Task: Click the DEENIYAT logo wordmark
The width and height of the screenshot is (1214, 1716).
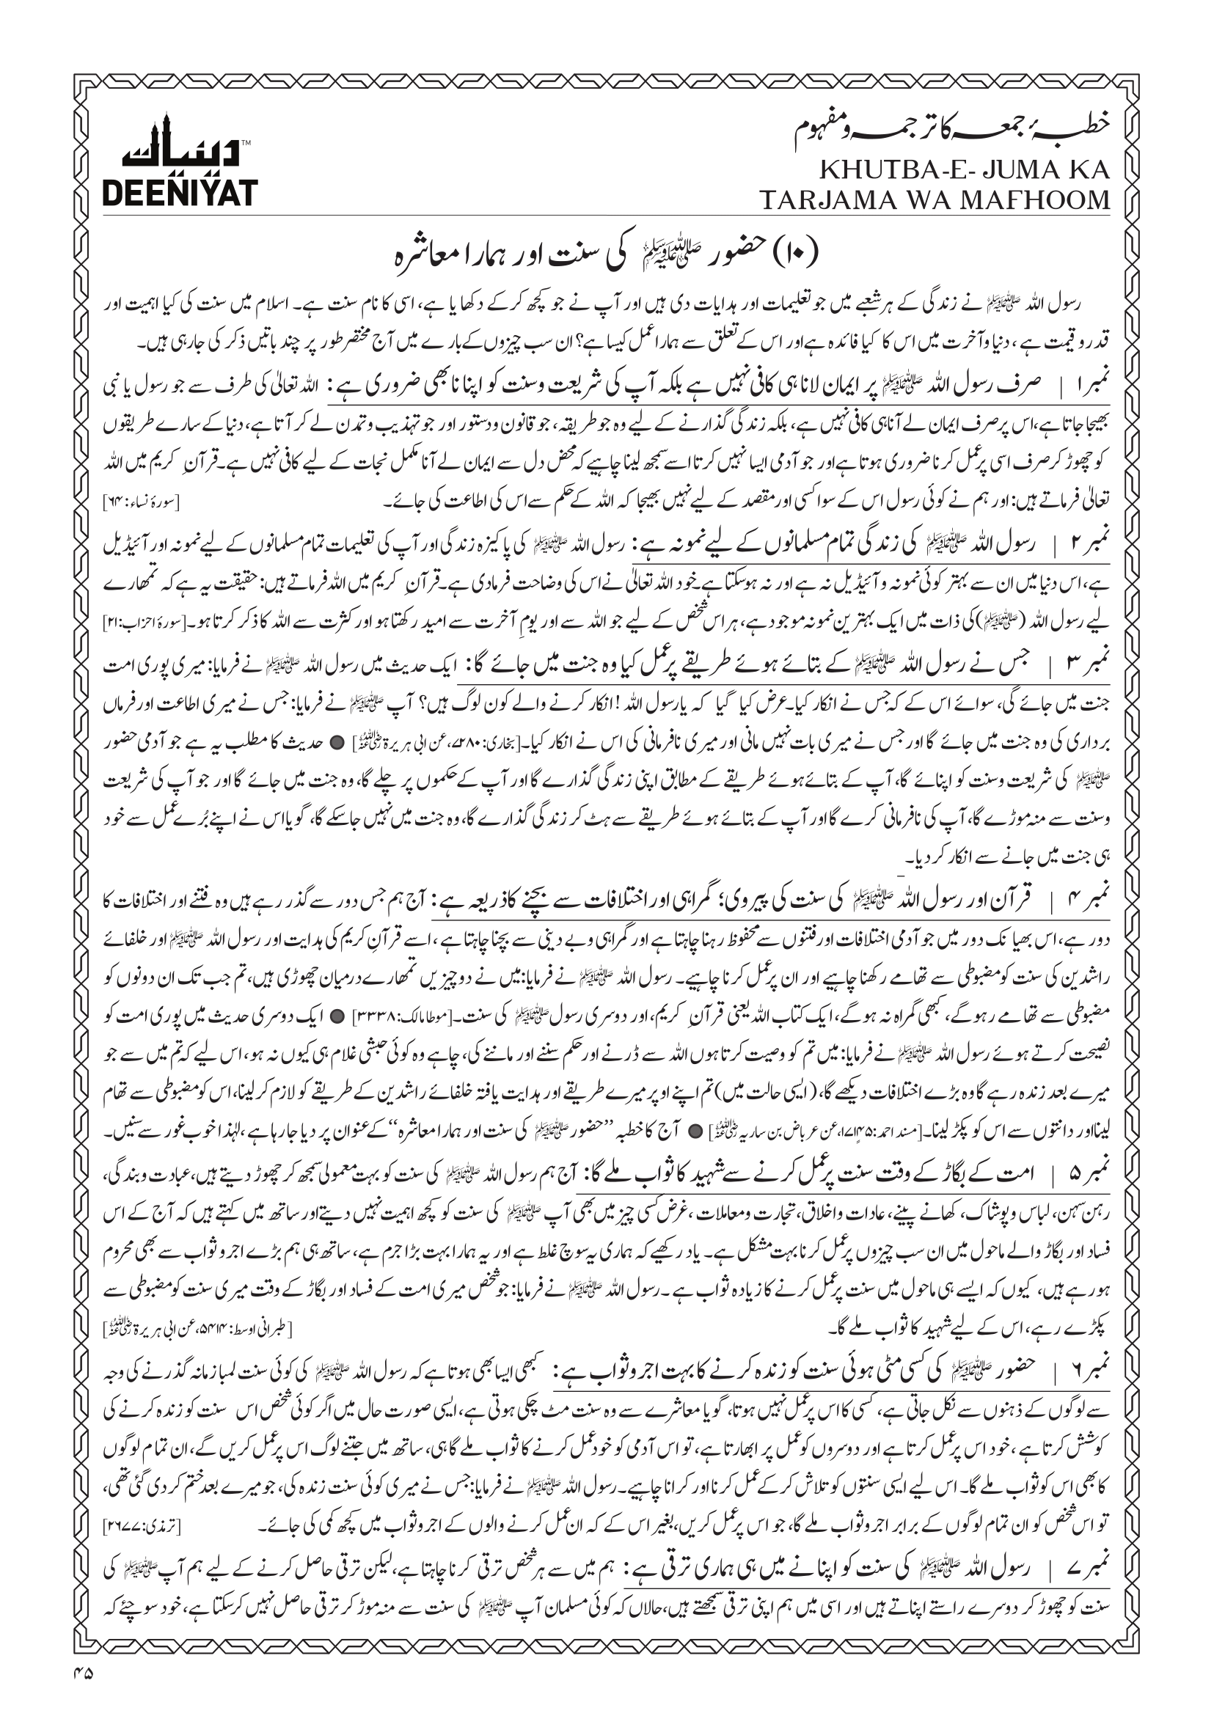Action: coord(179,193)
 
